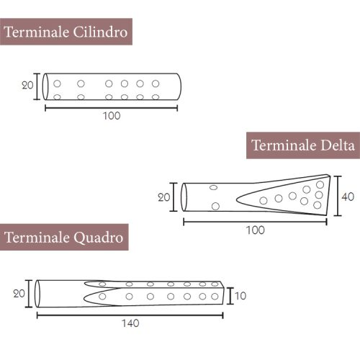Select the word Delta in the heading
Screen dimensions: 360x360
coord(337,145)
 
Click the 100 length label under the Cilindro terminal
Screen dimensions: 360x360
coord(111,116)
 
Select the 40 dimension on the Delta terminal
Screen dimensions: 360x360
coord(348,196)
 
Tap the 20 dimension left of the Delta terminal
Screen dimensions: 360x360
coord(165,197)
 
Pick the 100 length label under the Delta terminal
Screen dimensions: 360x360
coord(255,230)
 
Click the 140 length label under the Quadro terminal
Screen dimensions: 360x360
coord(130,323)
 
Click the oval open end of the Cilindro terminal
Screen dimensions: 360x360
coord(47,86)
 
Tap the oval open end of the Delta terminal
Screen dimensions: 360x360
coord(184,197)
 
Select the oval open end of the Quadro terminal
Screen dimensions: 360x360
coord(38,294)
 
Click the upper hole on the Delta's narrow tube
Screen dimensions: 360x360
coord(213,188)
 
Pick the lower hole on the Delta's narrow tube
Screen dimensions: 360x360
coord(215,207)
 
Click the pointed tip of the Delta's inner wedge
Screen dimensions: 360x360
coord(237,201)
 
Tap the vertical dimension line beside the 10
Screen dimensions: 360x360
coord(230,296)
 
